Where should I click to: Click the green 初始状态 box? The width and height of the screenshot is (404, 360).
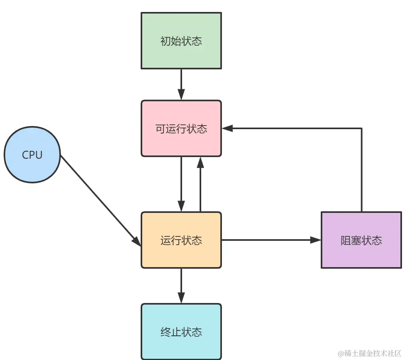click(181, 41)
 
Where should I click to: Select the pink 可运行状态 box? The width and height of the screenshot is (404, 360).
click(181, 128)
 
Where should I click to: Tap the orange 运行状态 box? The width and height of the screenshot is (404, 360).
click(181, 240)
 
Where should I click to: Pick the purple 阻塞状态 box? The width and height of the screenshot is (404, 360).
click(361, 240)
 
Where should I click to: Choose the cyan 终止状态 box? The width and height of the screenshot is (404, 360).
click(181, 332)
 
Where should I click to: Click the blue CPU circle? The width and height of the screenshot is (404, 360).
click(32, 155)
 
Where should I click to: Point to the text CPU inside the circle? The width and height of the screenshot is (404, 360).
click(32, 155)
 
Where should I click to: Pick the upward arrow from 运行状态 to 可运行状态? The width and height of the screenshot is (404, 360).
click(200, 185)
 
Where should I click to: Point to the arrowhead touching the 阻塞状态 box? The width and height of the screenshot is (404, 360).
click(316, 240)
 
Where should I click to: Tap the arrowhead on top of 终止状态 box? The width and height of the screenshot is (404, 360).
click(181, 298)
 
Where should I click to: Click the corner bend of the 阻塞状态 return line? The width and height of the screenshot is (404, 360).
click(361, 128)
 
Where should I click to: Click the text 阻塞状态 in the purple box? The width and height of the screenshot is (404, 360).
click(361, 240)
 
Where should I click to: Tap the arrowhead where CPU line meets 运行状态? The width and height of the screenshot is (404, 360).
click(137, 242)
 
